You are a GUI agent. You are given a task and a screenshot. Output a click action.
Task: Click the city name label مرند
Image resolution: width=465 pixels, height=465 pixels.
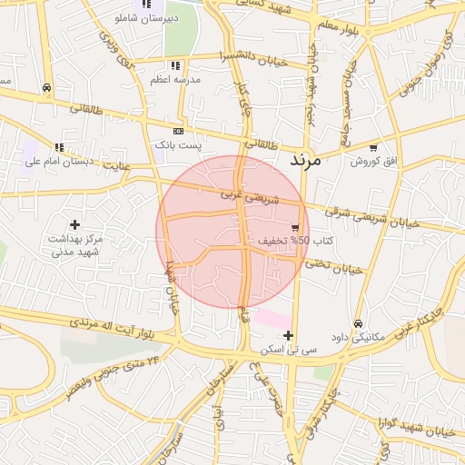(x=306, y=159)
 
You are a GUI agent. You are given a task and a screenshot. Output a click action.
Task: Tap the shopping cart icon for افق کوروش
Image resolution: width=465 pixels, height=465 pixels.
(x=372, y=146)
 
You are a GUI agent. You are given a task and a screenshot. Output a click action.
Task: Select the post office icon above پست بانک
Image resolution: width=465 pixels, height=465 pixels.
(x=177, y=131)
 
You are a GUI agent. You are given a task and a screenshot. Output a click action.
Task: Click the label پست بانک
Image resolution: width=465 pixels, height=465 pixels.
(x=178, y=144)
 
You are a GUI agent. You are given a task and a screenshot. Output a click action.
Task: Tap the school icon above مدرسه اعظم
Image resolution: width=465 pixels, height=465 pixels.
(x=175, y=65)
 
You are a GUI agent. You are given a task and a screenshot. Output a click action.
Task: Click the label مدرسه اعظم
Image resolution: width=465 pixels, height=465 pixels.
(x=175, y=80)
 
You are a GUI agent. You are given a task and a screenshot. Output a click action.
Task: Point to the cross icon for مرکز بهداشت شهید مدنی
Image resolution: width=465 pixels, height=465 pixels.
(x=74, y=223)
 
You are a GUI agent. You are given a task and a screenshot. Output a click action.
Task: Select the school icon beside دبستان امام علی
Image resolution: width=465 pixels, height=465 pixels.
(x=59, y=147)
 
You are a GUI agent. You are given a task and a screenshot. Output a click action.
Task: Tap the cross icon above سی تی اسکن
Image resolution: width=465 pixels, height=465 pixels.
(x=288, y=335)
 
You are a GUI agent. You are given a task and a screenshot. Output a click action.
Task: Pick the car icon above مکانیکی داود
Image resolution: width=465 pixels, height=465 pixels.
(x=359, y=323)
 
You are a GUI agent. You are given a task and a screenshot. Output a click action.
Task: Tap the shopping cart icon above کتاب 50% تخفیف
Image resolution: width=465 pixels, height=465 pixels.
(x=295, y=227)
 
